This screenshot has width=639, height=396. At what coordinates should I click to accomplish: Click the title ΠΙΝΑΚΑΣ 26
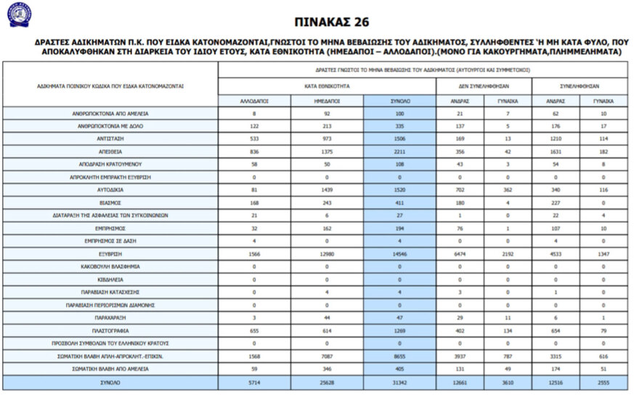(319, 22)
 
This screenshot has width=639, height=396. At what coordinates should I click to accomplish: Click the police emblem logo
(18, 15)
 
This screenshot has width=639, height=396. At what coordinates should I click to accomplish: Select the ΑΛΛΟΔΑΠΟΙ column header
(254, 102)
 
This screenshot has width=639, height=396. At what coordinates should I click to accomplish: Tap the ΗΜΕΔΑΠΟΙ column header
(327, 102)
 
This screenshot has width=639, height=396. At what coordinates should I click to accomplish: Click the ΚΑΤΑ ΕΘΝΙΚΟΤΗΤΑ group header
(327, 85)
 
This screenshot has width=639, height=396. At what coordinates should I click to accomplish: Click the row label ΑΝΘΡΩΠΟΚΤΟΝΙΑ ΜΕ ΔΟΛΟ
(110, 125)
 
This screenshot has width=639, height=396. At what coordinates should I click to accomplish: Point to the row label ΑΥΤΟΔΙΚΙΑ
(110, 190)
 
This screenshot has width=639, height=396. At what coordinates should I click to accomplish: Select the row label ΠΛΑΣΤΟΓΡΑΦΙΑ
(110, 331)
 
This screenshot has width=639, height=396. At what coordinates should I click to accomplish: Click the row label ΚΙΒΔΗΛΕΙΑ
(110, 279)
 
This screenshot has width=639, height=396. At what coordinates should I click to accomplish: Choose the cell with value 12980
(327, 254)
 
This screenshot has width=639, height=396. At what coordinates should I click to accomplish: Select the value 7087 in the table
(327, 357)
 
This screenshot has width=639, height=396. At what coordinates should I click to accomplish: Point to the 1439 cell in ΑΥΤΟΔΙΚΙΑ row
(327, 190)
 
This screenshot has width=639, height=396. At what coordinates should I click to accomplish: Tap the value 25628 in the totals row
(327, 382)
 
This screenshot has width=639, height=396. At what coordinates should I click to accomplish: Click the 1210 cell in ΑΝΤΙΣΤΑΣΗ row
(555, 139)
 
